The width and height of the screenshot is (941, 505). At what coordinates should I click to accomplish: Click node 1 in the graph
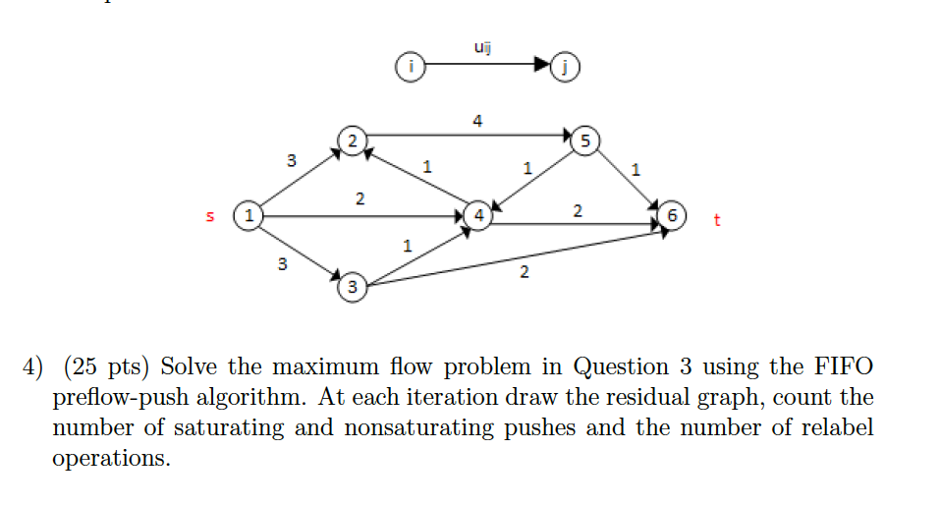249,213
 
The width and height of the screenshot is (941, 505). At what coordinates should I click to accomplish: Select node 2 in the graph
349,140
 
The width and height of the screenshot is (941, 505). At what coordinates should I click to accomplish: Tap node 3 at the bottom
352,288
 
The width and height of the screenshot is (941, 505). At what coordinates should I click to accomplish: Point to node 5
586,140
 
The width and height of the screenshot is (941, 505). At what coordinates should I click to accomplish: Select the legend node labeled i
412,67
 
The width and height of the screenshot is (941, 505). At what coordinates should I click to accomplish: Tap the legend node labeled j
566,67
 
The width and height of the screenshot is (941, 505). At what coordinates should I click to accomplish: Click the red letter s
208,215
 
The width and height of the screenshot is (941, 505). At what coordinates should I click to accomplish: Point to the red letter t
717,219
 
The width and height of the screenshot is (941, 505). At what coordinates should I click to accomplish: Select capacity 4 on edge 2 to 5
477,121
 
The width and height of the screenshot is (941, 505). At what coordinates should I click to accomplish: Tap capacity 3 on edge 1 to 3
283,263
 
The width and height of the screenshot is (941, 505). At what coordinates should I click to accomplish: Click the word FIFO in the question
842,367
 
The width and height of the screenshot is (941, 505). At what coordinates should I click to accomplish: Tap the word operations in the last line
110,459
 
